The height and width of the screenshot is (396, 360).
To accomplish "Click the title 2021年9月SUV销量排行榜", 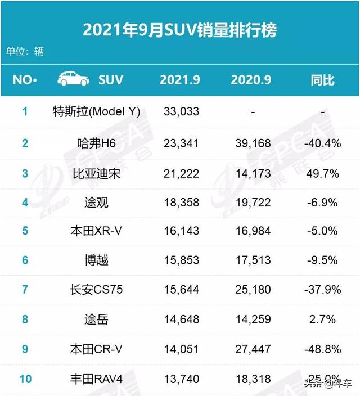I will pos(179,29).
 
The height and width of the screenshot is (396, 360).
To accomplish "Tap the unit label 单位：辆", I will pos(25,51).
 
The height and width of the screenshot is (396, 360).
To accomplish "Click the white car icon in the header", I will pos(73,79).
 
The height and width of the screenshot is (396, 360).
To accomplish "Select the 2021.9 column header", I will pos(179,80).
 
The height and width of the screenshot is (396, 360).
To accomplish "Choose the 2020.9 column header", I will pos(251,80).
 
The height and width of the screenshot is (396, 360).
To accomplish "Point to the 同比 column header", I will pos(322,80).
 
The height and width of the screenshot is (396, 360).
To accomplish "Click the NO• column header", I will pos(25,80).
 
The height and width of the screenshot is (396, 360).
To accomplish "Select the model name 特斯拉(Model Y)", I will pos(96,111).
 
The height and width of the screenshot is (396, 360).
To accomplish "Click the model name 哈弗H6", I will pos(96,143).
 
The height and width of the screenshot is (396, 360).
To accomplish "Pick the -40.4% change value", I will pos(322,143).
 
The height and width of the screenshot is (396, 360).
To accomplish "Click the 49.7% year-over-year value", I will pos(322,173).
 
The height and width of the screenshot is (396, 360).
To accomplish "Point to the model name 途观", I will pos(96,202).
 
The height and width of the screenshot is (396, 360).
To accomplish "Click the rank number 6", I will pos(25,260).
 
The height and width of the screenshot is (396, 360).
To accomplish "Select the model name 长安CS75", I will pos(96,290).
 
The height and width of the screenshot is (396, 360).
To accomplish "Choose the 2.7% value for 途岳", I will pos(322,319).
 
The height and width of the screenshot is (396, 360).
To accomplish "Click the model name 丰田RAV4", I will pos(96,379).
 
